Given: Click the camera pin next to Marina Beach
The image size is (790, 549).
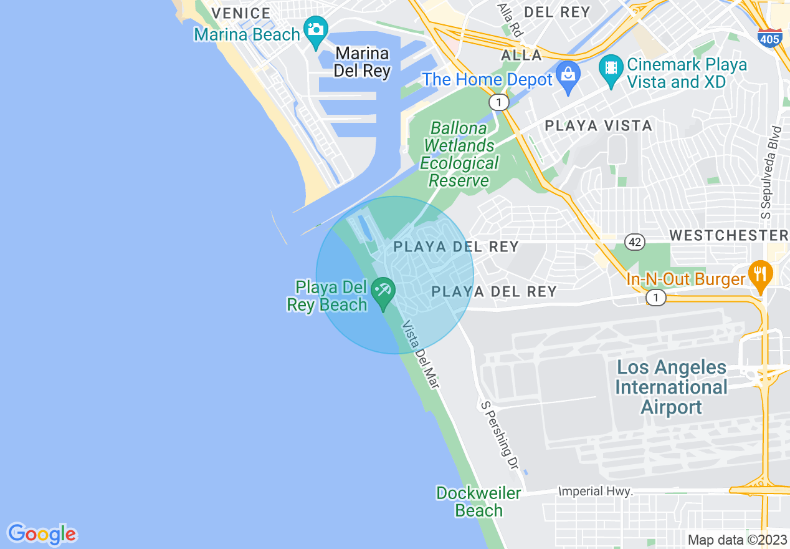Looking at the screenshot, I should [x=316, y=30].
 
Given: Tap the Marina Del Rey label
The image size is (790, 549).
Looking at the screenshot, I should [x=361, y=62].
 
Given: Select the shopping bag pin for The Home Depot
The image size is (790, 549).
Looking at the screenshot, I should [x=568, y=75].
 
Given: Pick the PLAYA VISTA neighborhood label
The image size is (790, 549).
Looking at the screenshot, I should [x=598, y=126].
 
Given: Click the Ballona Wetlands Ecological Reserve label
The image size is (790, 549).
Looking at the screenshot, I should [x=460, y=155].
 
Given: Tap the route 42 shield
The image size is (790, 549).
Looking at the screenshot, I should [x=635, y=241].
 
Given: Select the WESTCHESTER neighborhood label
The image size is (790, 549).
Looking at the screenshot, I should [x=728, y=235].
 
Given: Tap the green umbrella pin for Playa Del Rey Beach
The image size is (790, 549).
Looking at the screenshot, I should [x=382, y=291].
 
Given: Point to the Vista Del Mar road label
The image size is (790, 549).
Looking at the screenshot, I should [x=421, y=356].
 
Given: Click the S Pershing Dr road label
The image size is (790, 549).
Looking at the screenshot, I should [x=500, y=435].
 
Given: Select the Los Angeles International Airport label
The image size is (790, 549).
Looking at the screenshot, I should [x=671, y=387].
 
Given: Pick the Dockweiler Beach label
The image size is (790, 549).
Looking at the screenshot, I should [x=478, y=502].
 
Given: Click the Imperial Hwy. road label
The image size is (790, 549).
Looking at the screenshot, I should [x=596, y=492].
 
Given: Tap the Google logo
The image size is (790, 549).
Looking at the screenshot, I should [x=42, y=534].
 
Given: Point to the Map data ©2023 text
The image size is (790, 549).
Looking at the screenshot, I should [x=737, y=540].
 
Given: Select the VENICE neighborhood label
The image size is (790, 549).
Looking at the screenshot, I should [x=240, y=13].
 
